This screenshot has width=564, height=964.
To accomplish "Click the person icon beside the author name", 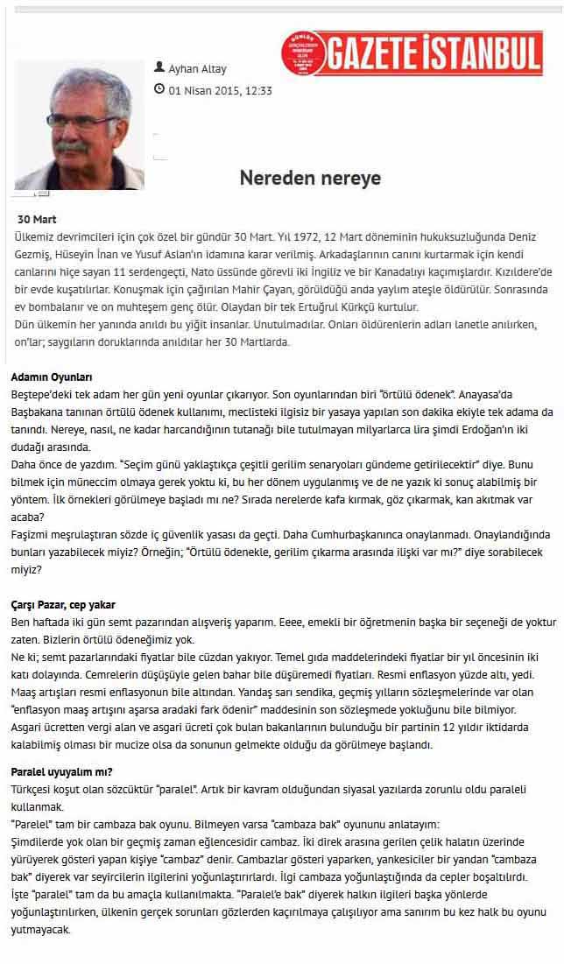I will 159,67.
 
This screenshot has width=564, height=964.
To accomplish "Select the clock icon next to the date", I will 159,88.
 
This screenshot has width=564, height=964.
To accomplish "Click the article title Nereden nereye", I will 310,179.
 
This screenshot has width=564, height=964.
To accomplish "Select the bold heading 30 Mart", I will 38,220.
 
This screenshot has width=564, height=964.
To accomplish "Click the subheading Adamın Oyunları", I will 52,376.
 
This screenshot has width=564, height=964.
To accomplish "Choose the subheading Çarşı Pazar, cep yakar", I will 63,605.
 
